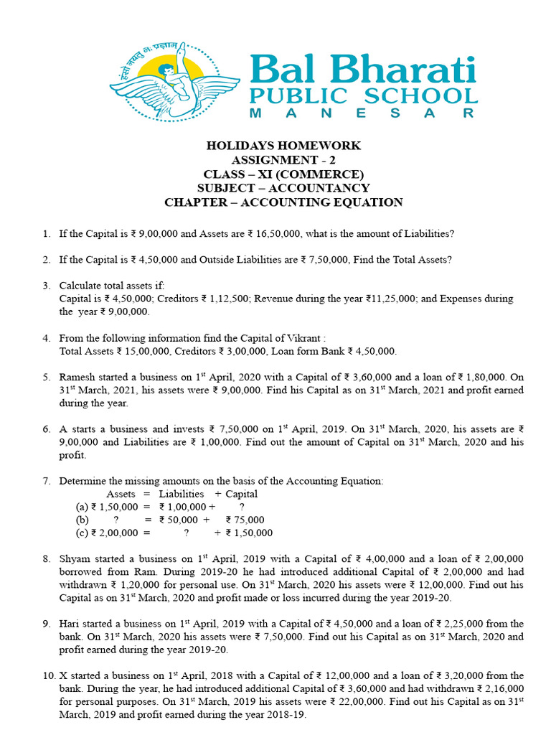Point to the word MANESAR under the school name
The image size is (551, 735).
[x=361, y=113]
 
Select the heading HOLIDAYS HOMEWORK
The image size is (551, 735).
[x=283, y=146]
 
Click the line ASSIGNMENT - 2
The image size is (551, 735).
[x=283, y=160]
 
